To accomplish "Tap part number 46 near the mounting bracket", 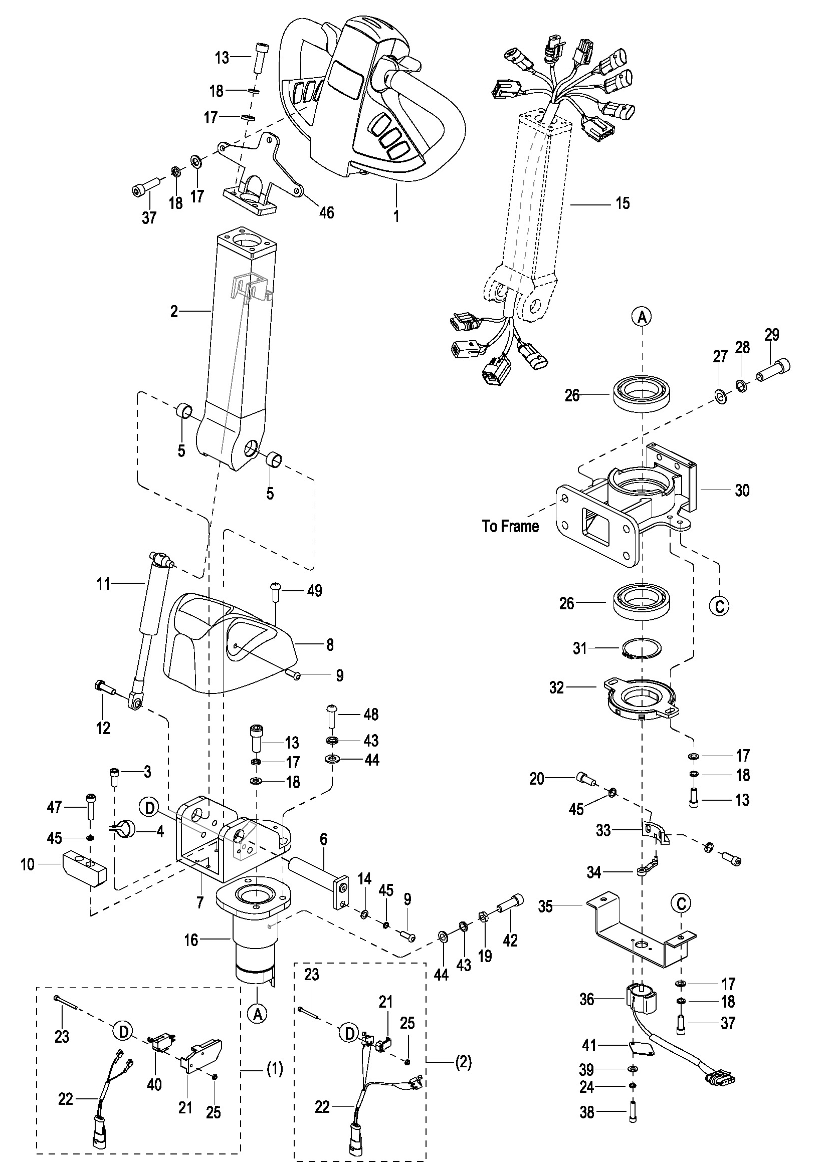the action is tap(326, 212).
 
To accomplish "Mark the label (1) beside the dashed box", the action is tap(275, 1069).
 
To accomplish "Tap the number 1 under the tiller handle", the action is tap(396, 216).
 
